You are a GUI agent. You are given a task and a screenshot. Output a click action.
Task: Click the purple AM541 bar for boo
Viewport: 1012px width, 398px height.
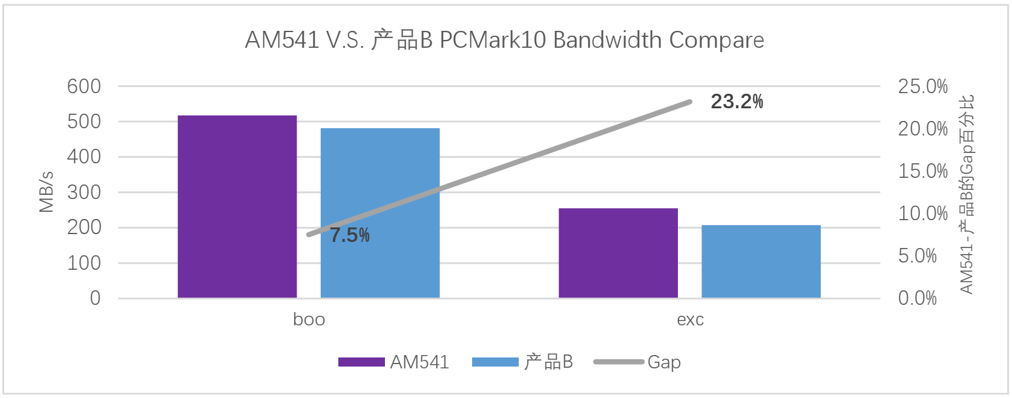[237, 206]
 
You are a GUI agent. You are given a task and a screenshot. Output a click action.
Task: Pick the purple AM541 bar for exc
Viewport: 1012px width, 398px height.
[618, 253]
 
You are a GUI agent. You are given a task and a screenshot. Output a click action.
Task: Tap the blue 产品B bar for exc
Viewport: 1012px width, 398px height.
[761, 261]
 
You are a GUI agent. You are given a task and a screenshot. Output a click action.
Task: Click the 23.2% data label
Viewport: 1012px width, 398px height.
[737, 102]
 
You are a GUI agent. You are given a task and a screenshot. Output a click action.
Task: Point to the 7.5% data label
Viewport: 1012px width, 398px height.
[350, 235]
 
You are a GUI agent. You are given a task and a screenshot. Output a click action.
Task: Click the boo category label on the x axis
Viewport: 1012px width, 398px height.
[309, 319]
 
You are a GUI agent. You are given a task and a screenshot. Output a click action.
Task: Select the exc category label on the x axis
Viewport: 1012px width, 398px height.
[690, 319]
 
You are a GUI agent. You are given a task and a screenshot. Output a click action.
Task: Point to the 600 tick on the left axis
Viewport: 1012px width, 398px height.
[84, 86]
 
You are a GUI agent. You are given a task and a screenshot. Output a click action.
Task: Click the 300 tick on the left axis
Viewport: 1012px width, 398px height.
[84, 192]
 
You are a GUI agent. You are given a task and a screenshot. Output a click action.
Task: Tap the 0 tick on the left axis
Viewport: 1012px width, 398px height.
[95, 298]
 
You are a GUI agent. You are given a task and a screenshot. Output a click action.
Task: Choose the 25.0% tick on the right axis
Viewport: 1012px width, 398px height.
[922, 86]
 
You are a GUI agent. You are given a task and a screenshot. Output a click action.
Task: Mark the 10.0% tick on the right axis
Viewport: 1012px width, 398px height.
[922, 214]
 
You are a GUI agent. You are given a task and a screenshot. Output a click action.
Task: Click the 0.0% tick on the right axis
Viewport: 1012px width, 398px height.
[917, 298]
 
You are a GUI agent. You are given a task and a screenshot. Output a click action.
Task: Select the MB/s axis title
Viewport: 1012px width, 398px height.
[47, 192]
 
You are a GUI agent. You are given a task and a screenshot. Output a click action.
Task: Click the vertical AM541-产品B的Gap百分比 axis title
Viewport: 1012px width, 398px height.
[967, 194]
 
